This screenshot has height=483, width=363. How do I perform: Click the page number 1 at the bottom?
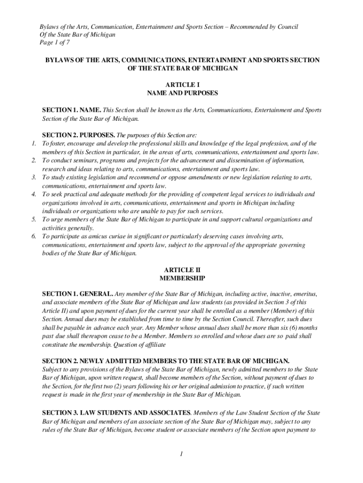[x=181, y=454]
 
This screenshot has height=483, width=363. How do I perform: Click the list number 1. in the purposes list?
[x=33, y=143]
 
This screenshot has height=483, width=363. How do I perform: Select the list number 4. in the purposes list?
[x=33, y=194]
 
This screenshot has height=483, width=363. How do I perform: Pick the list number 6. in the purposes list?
[x=33, y=237]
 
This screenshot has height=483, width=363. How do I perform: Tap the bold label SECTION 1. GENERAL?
[x=78, y=293]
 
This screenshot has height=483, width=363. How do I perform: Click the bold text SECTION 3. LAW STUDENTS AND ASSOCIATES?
[x=116, y=412]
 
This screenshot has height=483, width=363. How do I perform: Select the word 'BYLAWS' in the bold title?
[x=59, y=60]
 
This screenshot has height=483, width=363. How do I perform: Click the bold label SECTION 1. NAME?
[x=71, y=110]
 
